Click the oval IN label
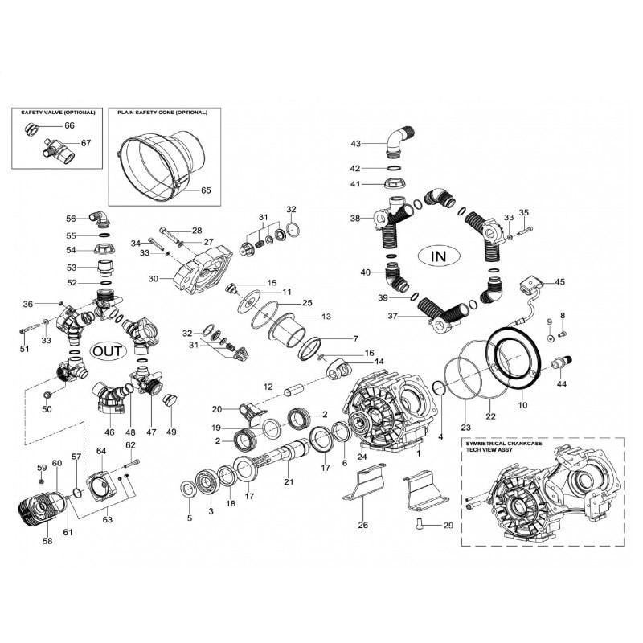click(x=438, y=256)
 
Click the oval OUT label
click(x=108, y=351)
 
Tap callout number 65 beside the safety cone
click(x=206, y=190)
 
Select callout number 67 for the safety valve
click(x=86, y=143)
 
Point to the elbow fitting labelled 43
click(x=399, y=142)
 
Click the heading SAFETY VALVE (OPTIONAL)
click(x=58, y=113)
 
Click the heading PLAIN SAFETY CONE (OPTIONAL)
click(x=162, y=113)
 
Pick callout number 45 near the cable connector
click(x=559, y=282)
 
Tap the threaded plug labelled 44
click(x=561, y=363)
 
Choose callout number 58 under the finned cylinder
click(x=47, y=541)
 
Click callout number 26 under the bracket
click(x=363, y=525)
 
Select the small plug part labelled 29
click(x=419, y=522)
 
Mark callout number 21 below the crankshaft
click(x=289, y=481)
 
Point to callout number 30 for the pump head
click(x=153, y=279)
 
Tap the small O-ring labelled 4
click(x=438, y=387)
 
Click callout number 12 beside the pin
click(x=268, y=387)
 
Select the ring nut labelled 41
click(x=395, y=183)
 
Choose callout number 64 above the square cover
click(x=101, y=451)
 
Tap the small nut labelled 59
click(x=42, y=481)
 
